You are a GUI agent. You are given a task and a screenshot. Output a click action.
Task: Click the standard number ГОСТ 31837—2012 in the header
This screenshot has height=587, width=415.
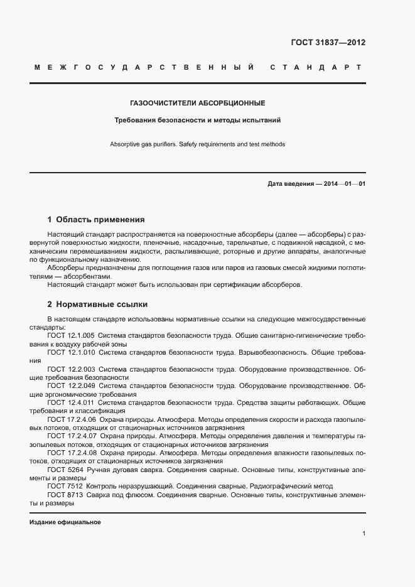(x=328, y=43)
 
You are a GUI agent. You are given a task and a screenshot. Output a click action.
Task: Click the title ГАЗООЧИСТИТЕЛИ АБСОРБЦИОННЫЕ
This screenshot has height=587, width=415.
(x=197, y=102)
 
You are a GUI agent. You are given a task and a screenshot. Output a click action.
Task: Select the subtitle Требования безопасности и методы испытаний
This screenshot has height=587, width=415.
(x=197, y=119)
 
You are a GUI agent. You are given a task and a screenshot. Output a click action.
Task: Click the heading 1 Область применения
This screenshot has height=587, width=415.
(x=96, y=220)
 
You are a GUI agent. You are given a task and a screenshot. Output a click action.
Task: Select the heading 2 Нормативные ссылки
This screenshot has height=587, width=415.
(x=97, y=304)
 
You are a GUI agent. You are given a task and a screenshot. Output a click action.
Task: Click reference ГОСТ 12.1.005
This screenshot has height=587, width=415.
(x=71, y=336)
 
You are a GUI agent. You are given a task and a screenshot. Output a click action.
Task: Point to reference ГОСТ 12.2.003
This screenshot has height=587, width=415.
(x=71, y=369)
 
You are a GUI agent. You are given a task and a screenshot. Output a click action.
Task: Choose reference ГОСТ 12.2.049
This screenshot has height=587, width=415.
(x=71, y=385)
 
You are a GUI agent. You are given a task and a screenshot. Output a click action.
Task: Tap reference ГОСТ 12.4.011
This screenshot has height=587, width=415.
(x=71, y=402)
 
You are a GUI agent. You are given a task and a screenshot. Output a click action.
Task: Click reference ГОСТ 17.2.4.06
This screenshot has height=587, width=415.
(x=72, y=419)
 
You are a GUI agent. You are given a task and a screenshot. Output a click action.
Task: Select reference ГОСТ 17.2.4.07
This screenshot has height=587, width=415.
(x=72, y=435)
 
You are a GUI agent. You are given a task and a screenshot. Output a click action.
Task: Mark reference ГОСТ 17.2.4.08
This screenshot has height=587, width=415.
(x=72, y=452)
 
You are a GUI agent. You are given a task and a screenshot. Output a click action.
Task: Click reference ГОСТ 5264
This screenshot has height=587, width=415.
(x=65, y=469)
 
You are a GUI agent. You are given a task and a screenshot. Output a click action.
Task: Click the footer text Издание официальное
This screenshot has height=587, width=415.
(x=65, y=522)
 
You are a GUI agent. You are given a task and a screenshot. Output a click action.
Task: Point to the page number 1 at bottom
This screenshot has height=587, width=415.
(x=364, y=534)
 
